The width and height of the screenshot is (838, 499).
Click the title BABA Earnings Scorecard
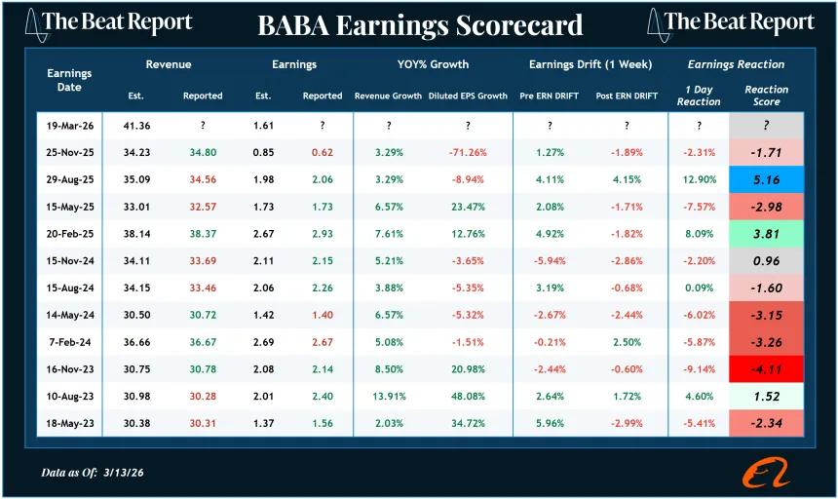click(x=420, y=25)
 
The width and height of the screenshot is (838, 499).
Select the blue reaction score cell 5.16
click(x=767, y=179)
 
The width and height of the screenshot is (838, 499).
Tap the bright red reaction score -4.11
click(x=767, y=369)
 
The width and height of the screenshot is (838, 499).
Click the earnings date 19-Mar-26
click(x=69, y=126)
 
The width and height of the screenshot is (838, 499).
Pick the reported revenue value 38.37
click(x=203, y=234)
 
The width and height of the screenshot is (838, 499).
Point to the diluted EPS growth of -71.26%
click(x=467, y=152)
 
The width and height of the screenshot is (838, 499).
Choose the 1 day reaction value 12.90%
click(x=699, y=179)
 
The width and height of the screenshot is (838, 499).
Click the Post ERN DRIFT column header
click(x=626, y=96)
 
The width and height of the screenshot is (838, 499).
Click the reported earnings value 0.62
click(x=322, y=152)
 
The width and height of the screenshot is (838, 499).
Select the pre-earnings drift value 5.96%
click(x=550, y=424)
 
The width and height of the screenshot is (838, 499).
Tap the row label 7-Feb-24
click(x=69, y=342)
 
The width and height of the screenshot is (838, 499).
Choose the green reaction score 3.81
click(x=767, y=234)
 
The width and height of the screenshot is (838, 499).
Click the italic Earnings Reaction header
click(x=736, y=65)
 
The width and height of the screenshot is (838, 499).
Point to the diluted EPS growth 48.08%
click(x=467, y=397)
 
